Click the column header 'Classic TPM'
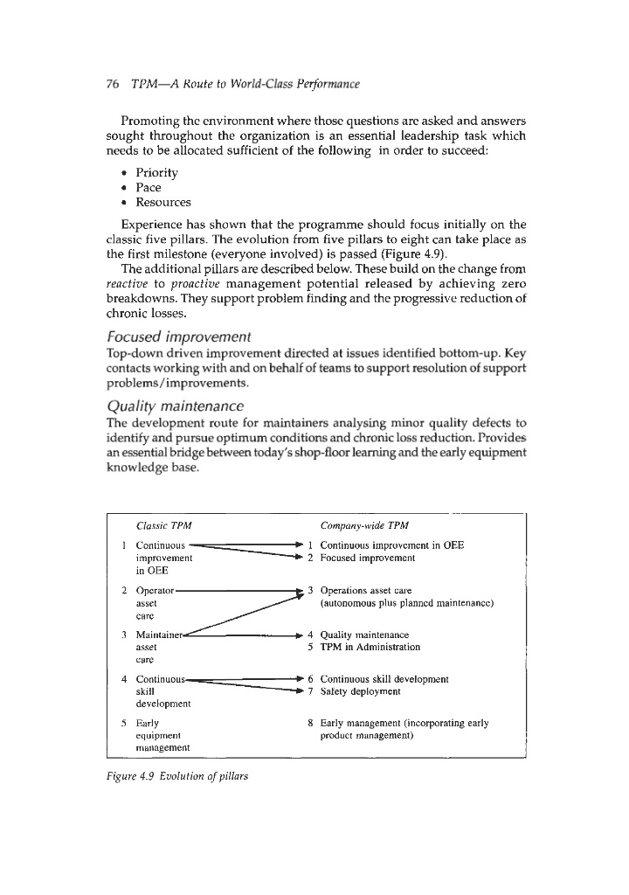coord(164,525)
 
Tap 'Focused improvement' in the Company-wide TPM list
coord(367,557)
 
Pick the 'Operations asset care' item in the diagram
coord(365,592)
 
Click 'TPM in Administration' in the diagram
coord(370,648)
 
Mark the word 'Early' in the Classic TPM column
coord(148,723)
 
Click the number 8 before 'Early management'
coord(311,723)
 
